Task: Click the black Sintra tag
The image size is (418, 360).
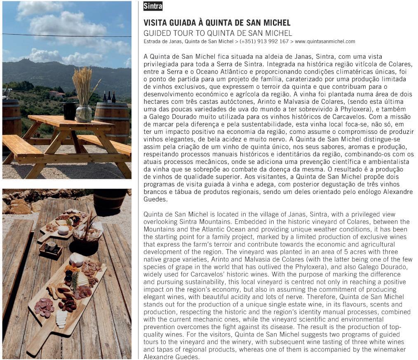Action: click(x=153, y=6)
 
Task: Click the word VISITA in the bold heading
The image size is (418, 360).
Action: click(x=156, y=23)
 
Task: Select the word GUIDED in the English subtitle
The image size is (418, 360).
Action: click(x=155, y=33)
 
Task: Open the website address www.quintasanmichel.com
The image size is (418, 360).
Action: click(x=325, y=42)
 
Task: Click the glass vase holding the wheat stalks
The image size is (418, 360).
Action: click(x=84, y=113)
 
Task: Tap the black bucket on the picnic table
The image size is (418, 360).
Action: click(x=70, y=110)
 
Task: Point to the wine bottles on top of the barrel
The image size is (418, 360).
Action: click(x=109, y=97)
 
